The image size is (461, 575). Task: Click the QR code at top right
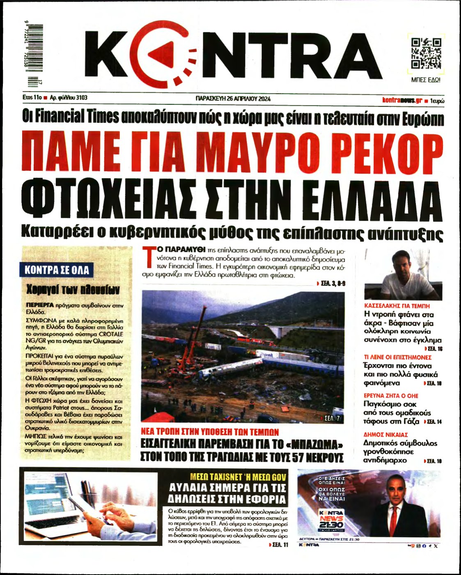[426, 53]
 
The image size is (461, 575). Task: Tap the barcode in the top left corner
[34, 55]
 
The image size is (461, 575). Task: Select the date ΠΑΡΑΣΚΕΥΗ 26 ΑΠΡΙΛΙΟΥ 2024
[233, 99]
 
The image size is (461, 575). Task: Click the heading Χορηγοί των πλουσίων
[73, 290]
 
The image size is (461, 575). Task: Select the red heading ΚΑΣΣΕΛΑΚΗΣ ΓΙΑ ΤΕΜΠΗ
[397, 306]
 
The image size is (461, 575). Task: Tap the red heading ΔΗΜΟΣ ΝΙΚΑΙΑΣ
[385, 435]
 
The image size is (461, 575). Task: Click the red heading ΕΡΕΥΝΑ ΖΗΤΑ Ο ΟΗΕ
[391, 396]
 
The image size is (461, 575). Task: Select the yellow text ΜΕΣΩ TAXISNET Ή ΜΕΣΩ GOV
[238, 477]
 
